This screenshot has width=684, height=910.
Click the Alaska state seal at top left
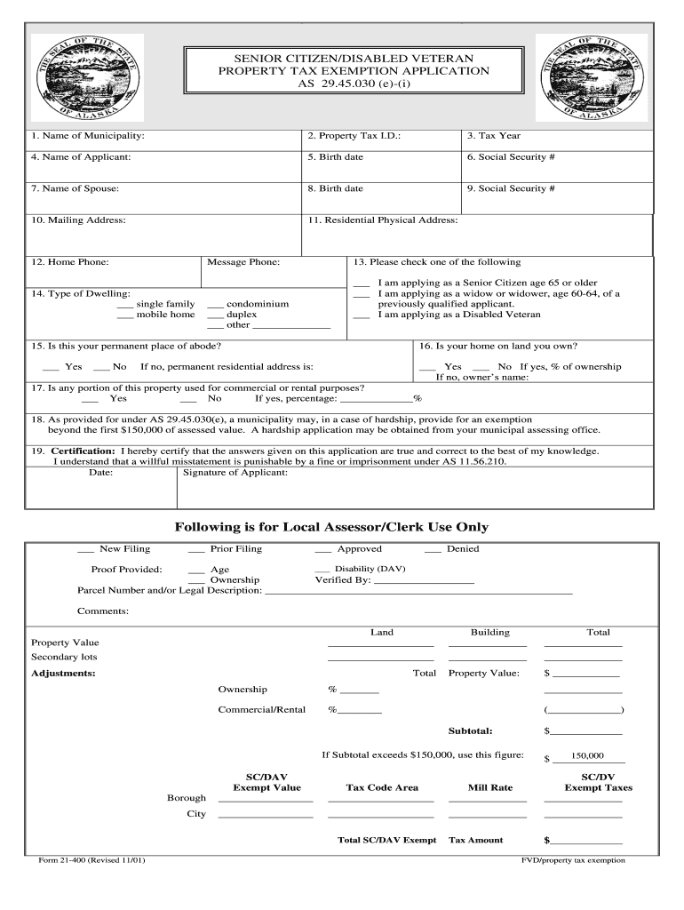pos(87,78)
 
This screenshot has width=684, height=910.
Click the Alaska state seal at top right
pos(591,78)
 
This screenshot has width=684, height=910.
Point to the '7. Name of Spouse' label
pos(75,188)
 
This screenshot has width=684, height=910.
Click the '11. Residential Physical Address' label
pos(383,220)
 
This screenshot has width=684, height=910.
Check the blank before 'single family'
pos(124,304)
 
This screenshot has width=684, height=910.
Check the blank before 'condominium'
pos(214,304)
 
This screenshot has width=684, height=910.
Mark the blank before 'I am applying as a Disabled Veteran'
pos(361,315)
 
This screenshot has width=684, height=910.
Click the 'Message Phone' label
pos(243,262)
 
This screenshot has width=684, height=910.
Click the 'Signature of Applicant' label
pos(235,473)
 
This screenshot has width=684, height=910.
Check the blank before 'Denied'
pos(433,549)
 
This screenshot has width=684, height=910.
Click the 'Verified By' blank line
pos(424,580)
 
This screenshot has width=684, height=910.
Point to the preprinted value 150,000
pos(587,756)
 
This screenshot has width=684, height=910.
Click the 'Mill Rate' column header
pos(490,787)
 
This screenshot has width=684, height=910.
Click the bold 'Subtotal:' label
pos(470,730)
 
